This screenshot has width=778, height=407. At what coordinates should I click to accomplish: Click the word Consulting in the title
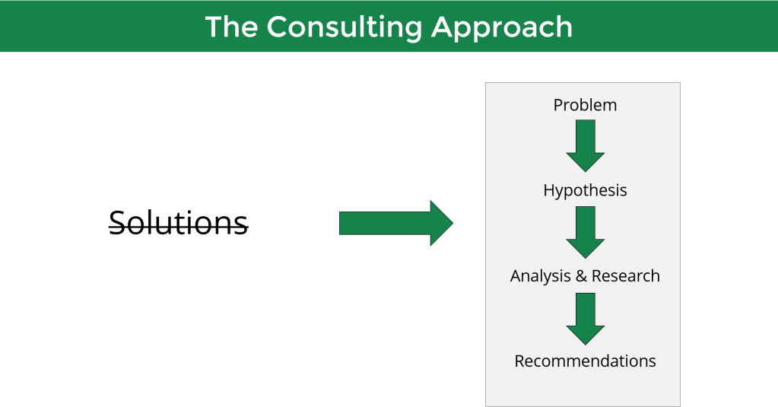click(344, 27)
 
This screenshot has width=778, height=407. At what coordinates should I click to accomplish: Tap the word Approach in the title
click(502, 27)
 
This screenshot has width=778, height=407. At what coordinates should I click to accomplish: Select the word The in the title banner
click(231, 27)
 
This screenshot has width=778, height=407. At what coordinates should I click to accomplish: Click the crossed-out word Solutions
click(179, 223)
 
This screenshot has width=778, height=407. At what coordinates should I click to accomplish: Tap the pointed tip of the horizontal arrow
click(452, 223)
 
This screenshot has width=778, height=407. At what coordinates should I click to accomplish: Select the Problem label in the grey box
click(585, 105)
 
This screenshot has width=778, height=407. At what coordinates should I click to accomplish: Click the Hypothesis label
click(585, 190)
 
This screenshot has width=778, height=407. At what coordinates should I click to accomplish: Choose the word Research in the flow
click(626, 275)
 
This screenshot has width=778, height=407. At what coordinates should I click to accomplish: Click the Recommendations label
click(585, 361)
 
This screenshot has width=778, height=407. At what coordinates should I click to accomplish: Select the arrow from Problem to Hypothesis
click(585, 145)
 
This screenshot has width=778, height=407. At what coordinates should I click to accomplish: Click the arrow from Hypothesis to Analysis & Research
click(585, 232)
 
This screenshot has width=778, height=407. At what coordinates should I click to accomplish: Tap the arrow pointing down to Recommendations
click(585, 318)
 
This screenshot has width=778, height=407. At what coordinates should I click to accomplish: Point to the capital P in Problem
click(558, 105)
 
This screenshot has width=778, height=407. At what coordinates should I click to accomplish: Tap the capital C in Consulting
click(276, 27)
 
